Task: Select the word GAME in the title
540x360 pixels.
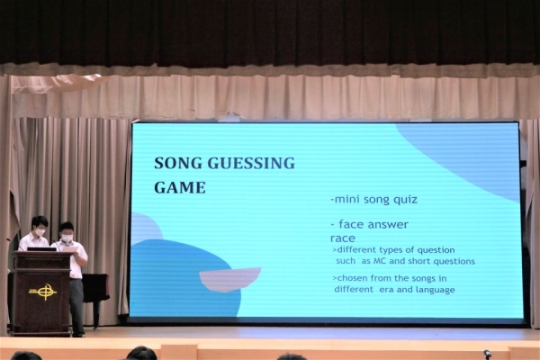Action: click(180, 188)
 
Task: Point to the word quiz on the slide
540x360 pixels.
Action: click(405, 200)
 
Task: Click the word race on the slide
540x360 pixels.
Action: click(343, 238)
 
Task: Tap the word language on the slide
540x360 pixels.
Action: click(436, 290)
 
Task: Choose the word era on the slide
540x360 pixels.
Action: click(386, 290)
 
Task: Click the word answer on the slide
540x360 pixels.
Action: click(388, 225)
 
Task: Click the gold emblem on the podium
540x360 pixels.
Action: click(42, 292)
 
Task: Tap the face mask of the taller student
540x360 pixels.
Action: click(40, 232)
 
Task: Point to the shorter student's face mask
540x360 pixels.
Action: click(67, 238)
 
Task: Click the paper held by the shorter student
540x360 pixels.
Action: click(70, 248)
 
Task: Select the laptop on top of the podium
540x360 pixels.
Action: click(41, 249)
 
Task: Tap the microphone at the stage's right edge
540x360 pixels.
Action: click(487, 354)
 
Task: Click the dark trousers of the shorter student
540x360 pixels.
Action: click(76, 306)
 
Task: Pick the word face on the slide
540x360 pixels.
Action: click(351, 225)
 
